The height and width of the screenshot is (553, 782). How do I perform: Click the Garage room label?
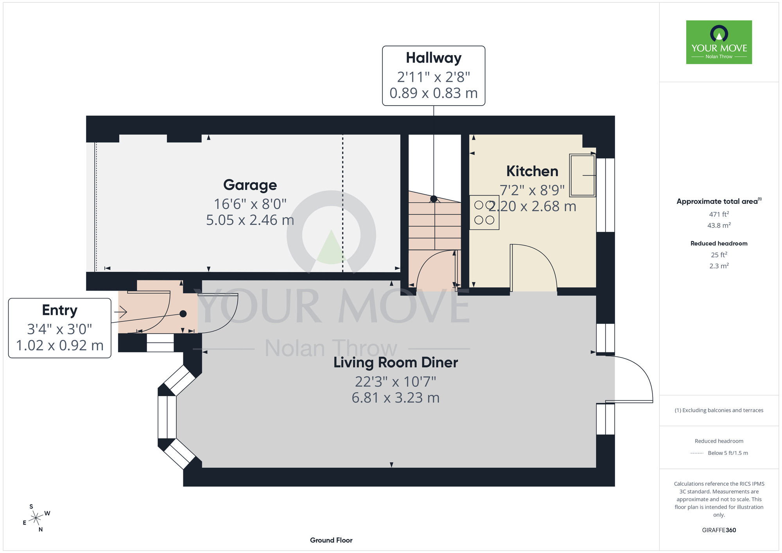tap(250, 185)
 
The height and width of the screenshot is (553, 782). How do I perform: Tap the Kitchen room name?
tap(532, 171)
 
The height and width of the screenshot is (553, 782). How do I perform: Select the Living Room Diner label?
tap(396, 363)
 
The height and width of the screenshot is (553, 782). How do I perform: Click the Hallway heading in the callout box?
tap(434, 58)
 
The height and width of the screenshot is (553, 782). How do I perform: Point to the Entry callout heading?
tap(60, 310)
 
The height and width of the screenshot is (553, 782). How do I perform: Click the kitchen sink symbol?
tap(583, 175)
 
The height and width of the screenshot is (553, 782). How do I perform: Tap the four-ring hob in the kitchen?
tap(484, 212)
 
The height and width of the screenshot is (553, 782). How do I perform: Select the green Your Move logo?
tap(719, 42)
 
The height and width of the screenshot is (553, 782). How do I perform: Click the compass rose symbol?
tap(36, 518)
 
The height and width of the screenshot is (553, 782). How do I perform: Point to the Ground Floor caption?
tap(331, 540)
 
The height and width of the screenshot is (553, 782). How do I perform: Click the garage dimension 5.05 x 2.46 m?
tap(250, 220)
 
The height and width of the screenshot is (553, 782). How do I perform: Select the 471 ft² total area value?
tap(719, 214)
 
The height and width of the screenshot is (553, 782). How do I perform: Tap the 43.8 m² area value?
tap(719, 225)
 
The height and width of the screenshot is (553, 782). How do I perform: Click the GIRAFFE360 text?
tap(719, 530)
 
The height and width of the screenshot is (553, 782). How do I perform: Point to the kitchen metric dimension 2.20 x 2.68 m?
tap(532, 206)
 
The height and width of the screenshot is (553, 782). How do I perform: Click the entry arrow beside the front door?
tap(120, 312)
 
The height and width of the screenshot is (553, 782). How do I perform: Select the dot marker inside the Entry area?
tap(183, 314)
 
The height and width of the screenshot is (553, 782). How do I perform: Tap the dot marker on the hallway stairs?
tap(434, 199)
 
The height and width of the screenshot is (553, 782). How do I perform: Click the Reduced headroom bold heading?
tap(719, 244)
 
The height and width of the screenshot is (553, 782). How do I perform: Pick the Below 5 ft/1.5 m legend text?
tap(728, 453)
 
